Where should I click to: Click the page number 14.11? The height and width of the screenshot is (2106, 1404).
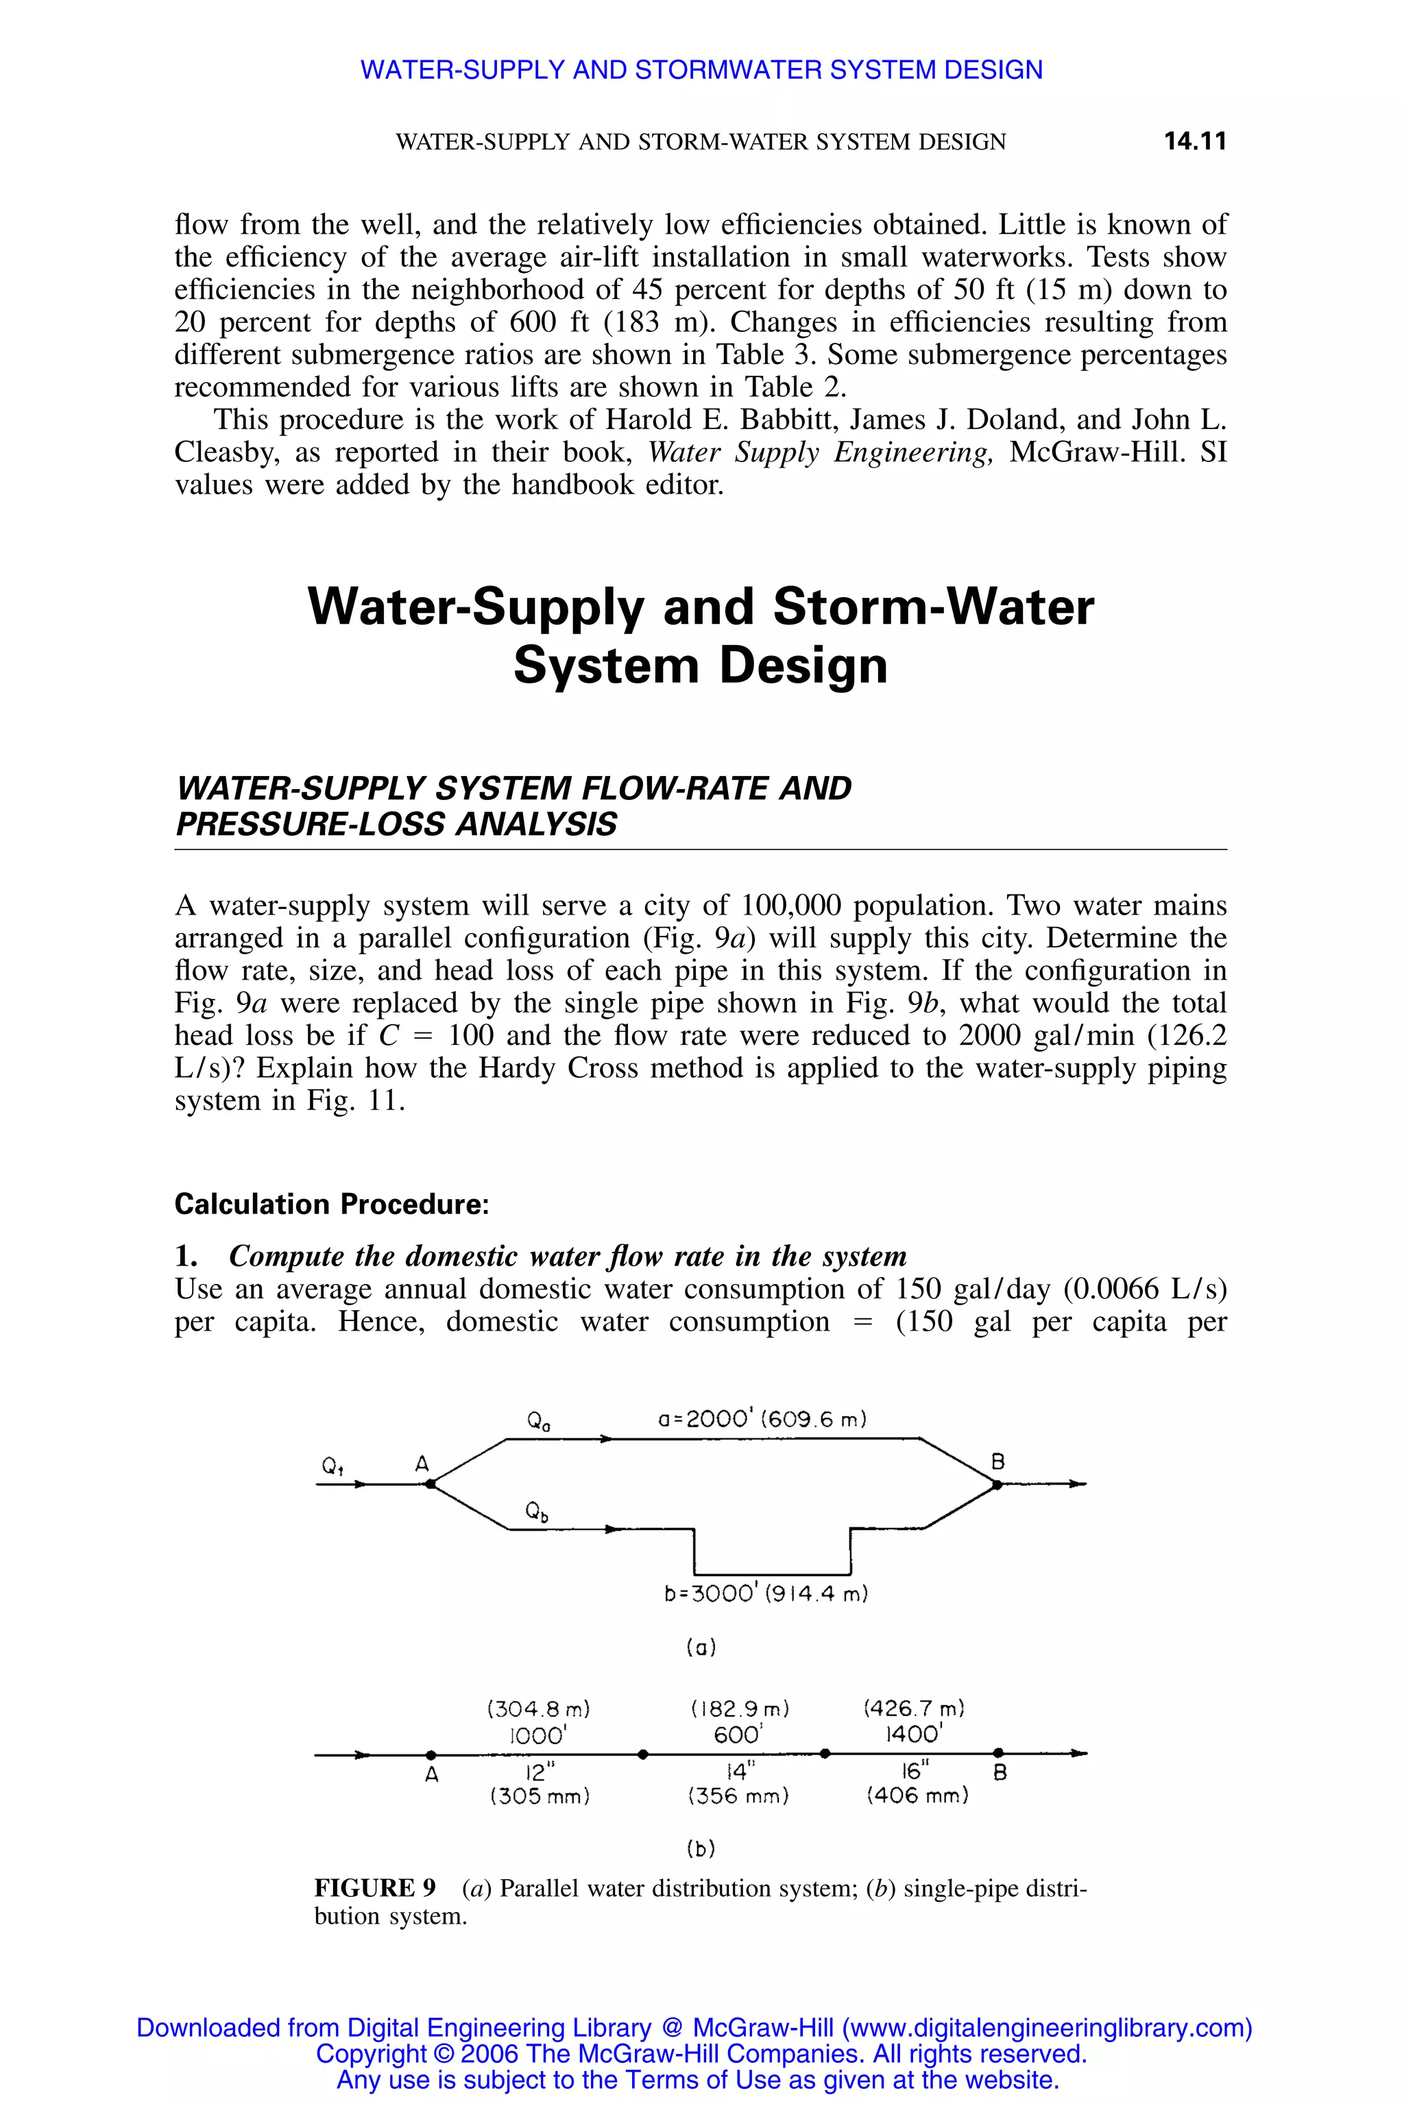[1194, 141]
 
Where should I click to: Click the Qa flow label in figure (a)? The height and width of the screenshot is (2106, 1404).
[539, 1421]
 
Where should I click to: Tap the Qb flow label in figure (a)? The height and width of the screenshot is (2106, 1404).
[536, 1512]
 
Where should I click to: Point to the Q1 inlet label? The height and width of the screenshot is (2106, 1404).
[334, 1466]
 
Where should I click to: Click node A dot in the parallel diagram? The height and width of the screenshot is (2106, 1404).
[430, 1484]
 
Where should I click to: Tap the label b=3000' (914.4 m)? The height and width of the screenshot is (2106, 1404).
[766, 1594]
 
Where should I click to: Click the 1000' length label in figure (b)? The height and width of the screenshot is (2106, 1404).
[538, 1735]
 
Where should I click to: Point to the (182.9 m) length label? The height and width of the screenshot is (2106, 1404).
[740, 1709]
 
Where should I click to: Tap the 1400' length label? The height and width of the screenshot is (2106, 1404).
[913, 1734]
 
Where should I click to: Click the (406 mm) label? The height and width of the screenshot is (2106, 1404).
[917, 1796]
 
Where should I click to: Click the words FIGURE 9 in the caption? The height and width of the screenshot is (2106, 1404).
[374, 1889]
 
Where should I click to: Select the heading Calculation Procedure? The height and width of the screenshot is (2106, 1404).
[331, 1205]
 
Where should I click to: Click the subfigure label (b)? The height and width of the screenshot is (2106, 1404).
[700, 1848]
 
